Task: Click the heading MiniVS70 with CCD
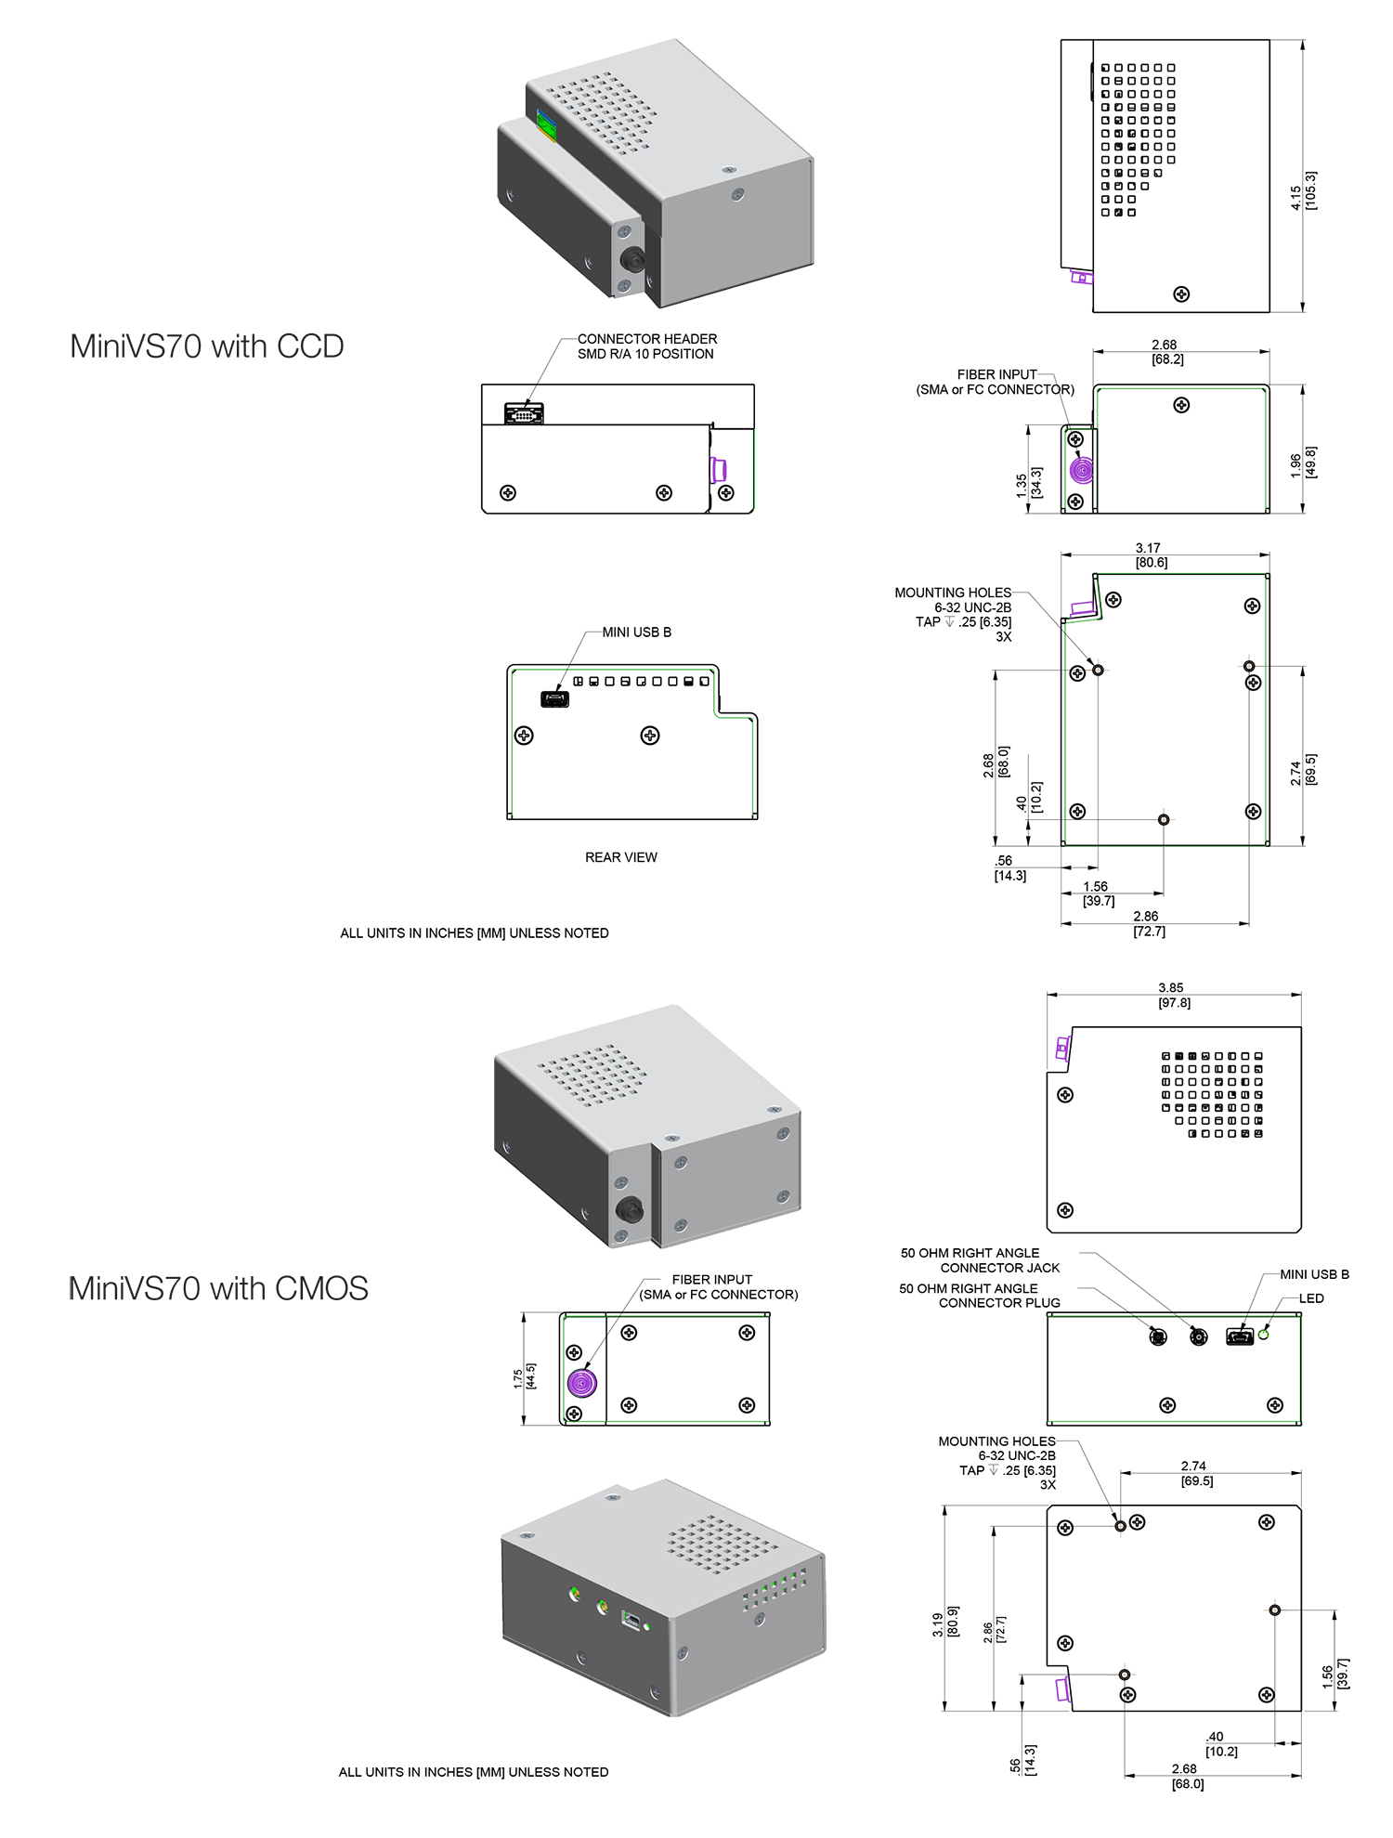coord(206,346)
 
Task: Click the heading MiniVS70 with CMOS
coord(218,1288)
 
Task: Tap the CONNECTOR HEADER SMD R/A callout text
coord(646,346)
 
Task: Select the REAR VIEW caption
coord(620,857)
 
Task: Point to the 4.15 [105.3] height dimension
coord(1303,191)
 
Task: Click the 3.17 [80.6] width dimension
coord(1151,555)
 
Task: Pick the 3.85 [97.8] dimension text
coord(1173,996)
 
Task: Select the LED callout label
coord(1310,1298)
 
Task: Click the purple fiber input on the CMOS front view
coord(581,1384)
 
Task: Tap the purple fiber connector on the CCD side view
coord(1080,471)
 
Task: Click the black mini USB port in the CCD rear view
coord(554,699)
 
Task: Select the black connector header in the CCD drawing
coord(524,413)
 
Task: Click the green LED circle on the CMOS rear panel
coord(1263,1335)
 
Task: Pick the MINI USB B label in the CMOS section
coord(1314,1274)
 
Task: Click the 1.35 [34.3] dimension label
coord(1028,484)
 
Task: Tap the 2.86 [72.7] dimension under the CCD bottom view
coord(1148,924)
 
